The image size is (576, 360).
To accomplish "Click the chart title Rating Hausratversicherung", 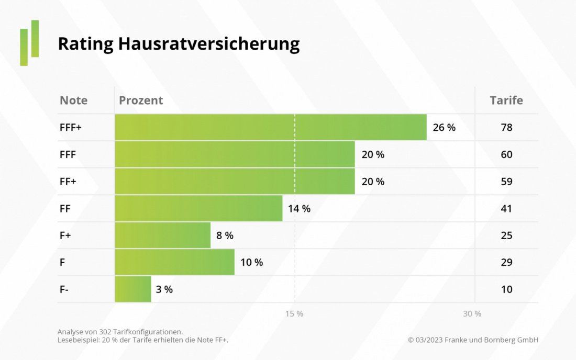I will (179, 44).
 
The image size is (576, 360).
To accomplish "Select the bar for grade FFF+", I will (270, 127).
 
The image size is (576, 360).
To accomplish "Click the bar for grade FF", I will (198, 208).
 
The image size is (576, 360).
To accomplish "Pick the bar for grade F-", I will (133, 289).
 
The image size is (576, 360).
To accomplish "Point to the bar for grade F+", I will (162, 235).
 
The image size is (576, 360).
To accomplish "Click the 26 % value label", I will (444, 127).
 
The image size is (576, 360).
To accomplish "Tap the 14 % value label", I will (299, 208).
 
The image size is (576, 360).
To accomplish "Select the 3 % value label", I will (164, 289).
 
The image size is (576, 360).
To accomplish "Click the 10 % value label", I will (251, 262).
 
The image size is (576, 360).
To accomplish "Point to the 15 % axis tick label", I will (294, 314).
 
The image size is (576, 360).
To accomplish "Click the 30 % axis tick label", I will (472, 314).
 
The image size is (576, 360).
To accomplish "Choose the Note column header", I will (73, 100).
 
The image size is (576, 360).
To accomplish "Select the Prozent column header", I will (141, 100).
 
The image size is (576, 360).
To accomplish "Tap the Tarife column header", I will (506, 100).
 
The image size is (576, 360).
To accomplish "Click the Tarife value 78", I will (506, 127).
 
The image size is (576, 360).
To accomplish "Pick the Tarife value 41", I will (506, 208).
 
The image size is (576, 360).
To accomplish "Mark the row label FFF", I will (68, 154).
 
